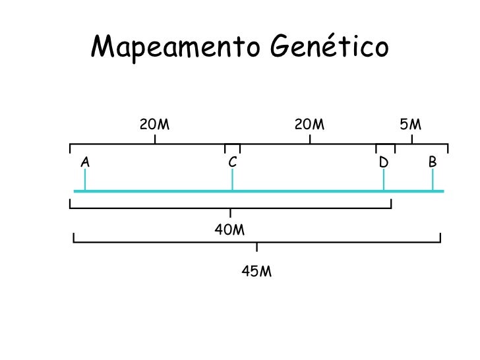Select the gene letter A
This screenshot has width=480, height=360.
pyautogui.click(x=85, y=161)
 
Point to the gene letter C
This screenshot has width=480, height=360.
pyautogui.click(x=232, y=162)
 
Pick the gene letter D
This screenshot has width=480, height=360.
pyautogui.click(x=384, y=162)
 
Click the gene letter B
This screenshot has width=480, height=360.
pyautogui.click(x=433, y=161)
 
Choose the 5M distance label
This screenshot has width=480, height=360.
pyautogui.click(x=411, y=124)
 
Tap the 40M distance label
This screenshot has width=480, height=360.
pyautogui.click(x=230, y=230)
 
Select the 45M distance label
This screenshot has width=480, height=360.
pyautogui.click(x=257, y=271)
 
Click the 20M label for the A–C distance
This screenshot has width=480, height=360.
pyautogui.click(x=155, y=124)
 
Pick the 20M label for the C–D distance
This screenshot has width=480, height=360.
pyautogui.click(x=310, y=124)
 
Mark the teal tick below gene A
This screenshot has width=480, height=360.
pyautogui.click(x=85, y=181)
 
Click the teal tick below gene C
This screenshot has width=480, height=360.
pyautogui.click(x=232, y=181)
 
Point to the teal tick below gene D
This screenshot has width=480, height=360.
pyautogui.click(x=384, y=181)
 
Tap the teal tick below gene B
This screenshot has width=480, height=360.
pyautogui.click(x=433, y=181)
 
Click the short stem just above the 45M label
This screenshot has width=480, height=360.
pyautogui.click(x=257, y=247)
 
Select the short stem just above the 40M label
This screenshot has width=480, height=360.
pyautogui.click(x=230, y=213)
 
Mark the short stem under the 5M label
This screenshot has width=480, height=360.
pyautogui.click(x=412, y=139)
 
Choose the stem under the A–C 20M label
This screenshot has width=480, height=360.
pyautogui.click(x=155, y=139)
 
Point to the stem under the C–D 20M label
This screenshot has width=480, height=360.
pyautogui.click(x=310, y=139)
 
